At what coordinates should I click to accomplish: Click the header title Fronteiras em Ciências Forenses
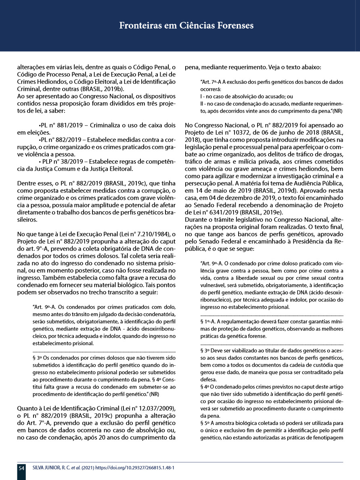click(x=186, y=26)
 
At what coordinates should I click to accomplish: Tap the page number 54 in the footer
click(x=21, y=468)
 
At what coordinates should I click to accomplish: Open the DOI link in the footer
click(x=138, y=468)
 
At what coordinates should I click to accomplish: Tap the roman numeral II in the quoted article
click(x=202, y=104)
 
